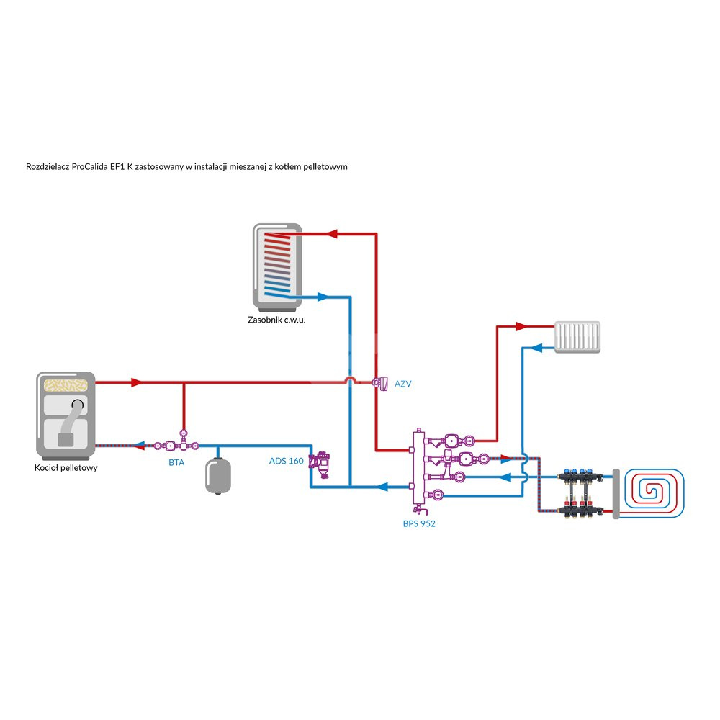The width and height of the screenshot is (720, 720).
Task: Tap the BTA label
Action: click(x=176, y=462)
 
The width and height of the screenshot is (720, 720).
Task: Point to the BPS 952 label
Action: click(x=419, y=523)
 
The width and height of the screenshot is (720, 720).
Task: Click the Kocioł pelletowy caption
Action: click(x=66, y=468)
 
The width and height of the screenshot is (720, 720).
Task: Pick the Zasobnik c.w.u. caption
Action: click(x=277, y=320)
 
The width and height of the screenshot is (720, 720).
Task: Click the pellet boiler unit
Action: click(x=66, y=416)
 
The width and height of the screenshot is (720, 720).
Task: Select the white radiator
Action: click(x=578, y=336)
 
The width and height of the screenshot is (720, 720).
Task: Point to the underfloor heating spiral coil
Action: click(x=654, y=494)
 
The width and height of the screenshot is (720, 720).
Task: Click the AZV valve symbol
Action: click(x=379, y=383)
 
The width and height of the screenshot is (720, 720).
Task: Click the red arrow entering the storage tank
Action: click(x=332, y=233)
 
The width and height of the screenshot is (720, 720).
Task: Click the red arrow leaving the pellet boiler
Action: click(x=136, y=382)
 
